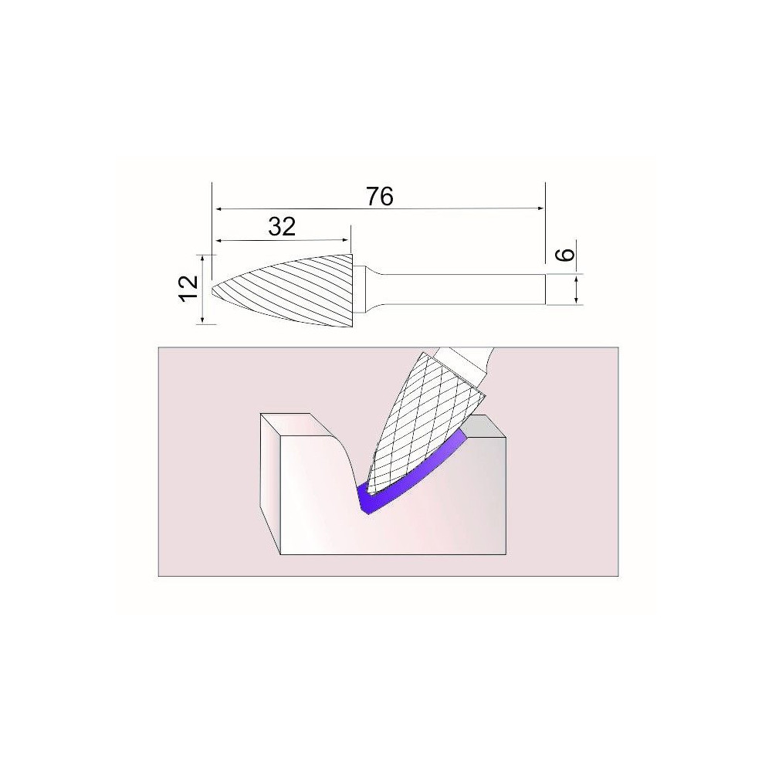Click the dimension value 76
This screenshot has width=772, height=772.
(x=380, y=197)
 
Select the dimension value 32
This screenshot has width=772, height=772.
(x=282, y=226)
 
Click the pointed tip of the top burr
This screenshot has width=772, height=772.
(x=212, y=289)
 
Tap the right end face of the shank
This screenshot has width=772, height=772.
(x=545, y=289)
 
